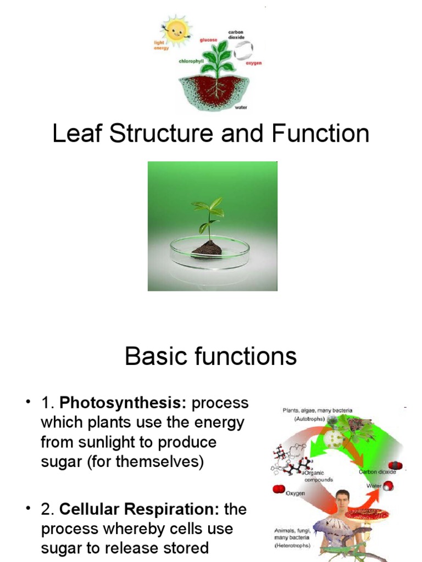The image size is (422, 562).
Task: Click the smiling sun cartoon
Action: tap(176, 30)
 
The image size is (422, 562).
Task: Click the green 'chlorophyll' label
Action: tap(192, 61)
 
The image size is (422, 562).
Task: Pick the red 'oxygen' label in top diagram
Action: tap(253, 63)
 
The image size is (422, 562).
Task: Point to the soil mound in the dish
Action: tap(207, 249)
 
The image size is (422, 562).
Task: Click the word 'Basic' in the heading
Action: tap(153, 357)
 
